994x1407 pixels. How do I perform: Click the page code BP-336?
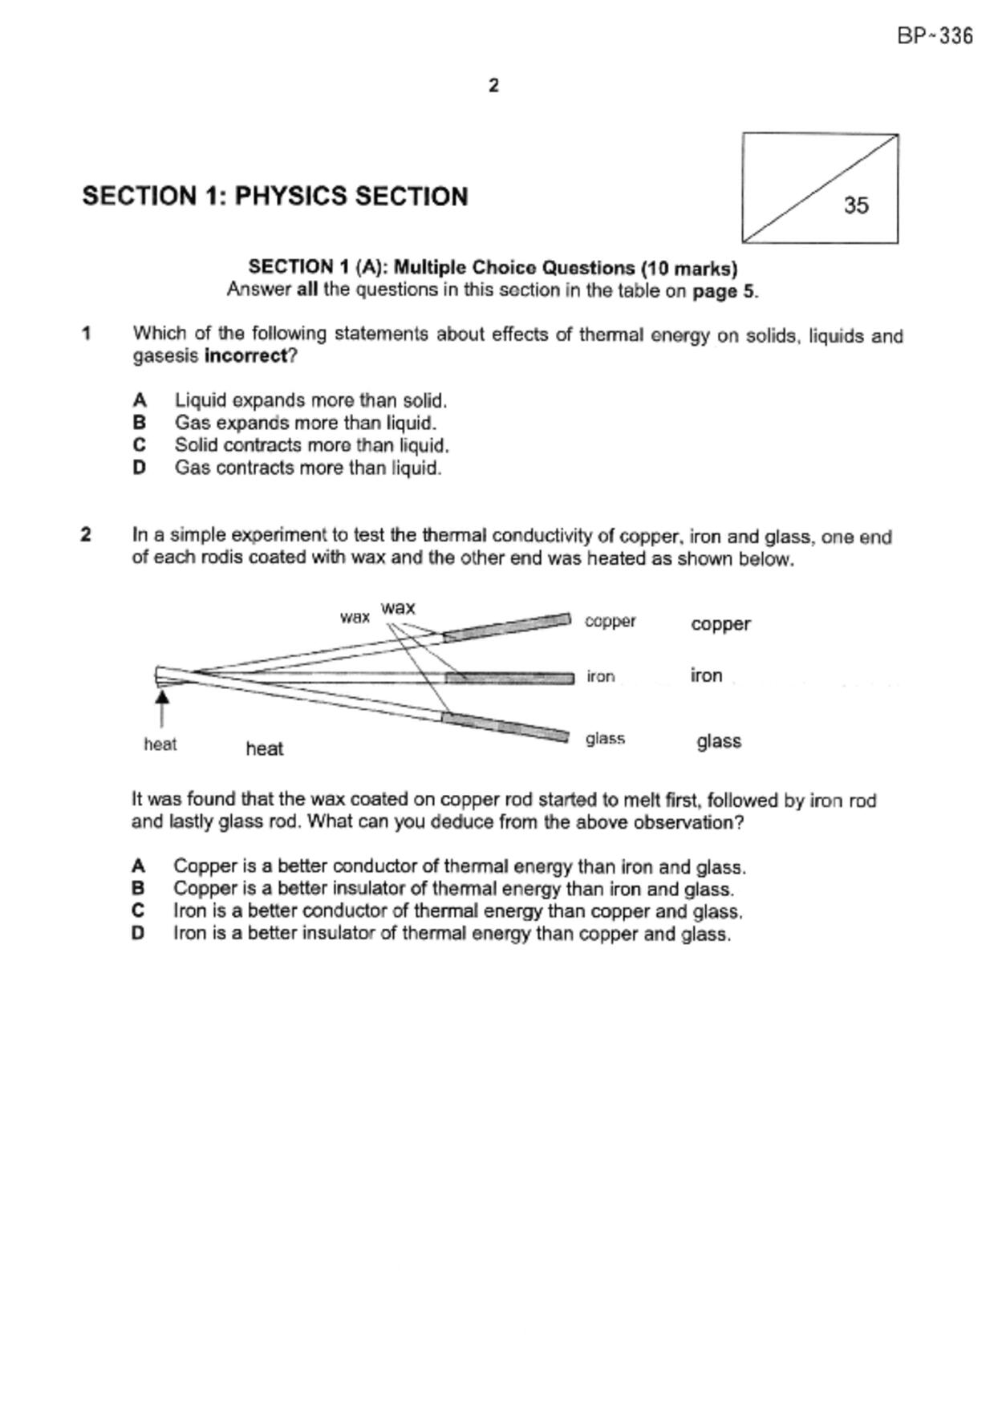935,36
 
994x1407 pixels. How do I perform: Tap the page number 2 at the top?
493,85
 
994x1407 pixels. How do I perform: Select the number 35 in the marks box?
856,205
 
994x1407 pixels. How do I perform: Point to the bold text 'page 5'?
724,290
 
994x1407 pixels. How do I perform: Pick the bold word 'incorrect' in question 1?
246,355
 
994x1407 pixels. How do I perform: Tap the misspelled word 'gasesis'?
165,356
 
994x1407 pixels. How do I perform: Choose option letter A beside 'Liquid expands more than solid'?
140,399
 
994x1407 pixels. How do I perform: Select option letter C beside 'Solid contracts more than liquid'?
140,444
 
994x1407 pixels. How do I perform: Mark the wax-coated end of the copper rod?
507,626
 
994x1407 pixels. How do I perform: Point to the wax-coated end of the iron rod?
509,679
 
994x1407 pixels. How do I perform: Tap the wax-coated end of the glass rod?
505,725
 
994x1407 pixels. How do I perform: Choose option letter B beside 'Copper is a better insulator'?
138,888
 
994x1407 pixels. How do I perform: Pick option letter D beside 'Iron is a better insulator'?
138,933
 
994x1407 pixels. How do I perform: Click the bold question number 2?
86,534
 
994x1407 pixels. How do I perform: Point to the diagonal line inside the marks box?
820,189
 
